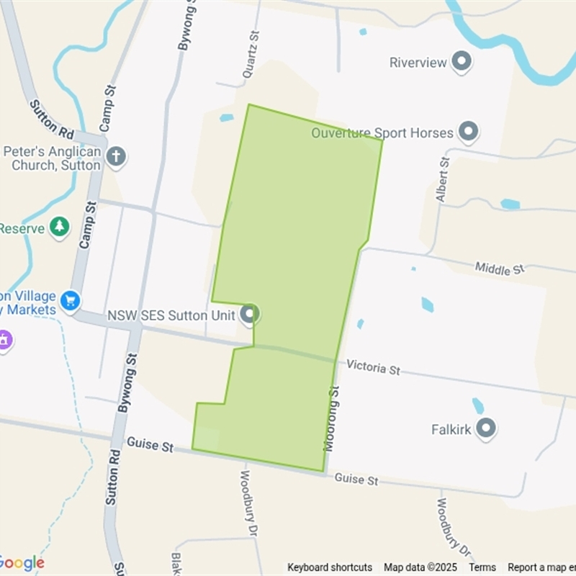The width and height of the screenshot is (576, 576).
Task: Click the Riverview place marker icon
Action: pyautogui.click(x=461, y=62)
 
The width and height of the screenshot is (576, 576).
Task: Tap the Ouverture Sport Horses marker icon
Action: pyautogui.click(x=469, y=132)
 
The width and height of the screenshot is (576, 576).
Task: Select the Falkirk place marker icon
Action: pyautogui.click(x=486, y=429)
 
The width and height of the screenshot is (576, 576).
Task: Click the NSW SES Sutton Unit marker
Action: pyautogui.click(x=250, y=315)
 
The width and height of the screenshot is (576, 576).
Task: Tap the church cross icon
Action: pyautogui.click(x=117, y=156)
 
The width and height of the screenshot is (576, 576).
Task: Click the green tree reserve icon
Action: pyautogui.click(x=60, y=228)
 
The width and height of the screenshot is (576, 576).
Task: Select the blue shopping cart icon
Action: pyautogui.click(x=70, y=300)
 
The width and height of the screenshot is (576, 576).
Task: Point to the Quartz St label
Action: pyautogui.click(x=250, y=55)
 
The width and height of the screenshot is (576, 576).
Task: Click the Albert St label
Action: pyautogui.click(x=442, y=180)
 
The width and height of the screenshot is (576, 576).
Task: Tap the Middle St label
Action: pyautogui.click(x=500, y=269)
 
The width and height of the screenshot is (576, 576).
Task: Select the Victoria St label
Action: pyautogui.click(x=373, y=368)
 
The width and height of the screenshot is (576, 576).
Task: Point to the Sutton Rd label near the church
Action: pyautogui.click(x=53, y=120)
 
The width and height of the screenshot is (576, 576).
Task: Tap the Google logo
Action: pyautogui.click(x=22, y=563)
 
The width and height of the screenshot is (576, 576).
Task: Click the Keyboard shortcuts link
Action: pyautogui.click(x=330, y=567)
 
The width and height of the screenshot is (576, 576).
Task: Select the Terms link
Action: pyautogui.click(x=482, y=567)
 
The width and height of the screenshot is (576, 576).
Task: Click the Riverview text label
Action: pyautogui.click(x=418, y=63)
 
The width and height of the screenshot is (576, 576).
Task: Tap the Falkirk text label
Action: pyautogui.click(x=451, y=430)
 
